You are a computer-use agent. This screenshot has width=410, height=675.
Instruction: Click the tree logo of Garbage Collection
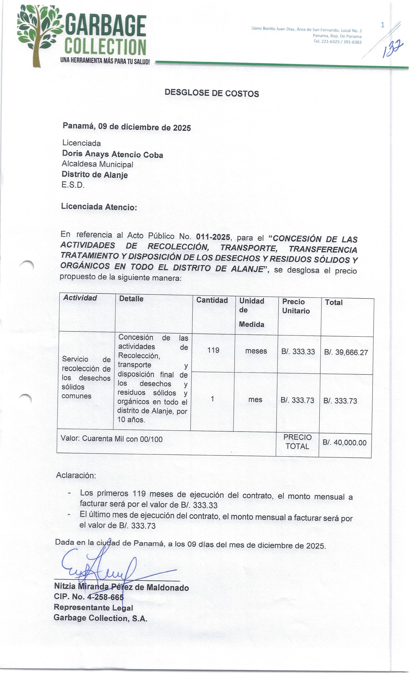click(x=38, y=34)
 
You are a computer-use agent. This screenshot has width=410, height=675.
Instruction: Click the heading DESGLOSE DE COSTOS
click(x=212, y=93)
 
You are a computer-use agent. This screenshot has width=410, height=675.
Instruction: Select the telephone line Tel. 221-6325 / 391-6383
click(x=337, y=42)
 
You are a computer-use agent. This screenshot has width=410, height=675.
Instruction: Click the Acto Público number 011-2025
click(x=213, y=237)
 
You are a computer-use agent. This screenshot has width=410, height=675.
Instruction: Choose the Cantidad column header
click(x=212, y=300)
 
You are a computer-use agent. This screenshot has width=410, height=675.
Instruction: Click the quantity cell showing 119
click(x=213, y=350)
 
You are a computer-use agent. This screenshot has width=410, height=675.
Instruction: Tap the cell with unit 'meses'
click(x=256, y=351)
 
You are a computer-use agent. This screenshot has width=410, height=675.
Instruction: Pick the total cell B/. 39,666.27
click(x=346, y=352)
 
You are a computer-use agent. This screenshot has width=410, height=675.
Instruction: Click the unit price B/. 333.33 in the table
click(x=298, y=352)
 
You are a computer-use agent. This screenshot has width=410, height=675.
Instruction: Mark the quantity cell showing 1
click(x=212, y=399)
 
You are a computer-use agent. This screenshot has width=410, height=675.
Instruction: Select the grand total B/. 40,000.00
click(x=344, y=443)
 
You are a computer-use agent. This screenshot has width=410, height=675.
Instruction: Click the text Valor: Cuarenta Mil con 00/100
click(x=112, y=439)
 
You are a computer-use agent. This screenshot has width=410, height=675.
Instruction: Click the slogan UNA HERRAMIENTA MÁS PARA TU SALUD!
click(x=105, y=61)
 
